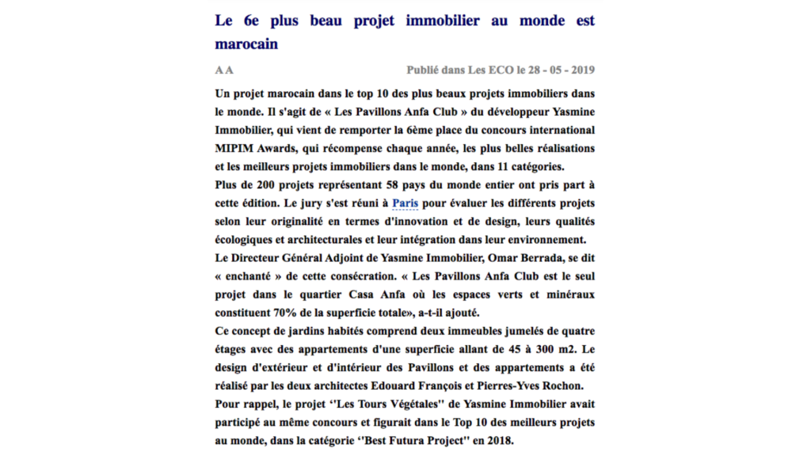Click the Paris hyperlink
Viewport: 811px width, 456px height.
pyautogui.click(x=405, y=203)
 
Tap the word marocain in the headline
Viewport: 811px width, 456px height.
pyautogui.click(x=246, y=44)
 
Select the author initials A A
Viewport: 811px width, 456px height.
pyautogui.click(x=224, y=70)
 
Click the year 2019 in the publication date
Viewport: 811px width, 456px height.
pyautogui.click(x=579, y=70)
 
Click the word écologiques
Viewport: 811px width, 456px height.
pyautogui.click(x=249, y=239)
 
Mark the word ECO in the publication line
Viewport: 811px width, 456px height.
pyautogui.click(x=497, y=70)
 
